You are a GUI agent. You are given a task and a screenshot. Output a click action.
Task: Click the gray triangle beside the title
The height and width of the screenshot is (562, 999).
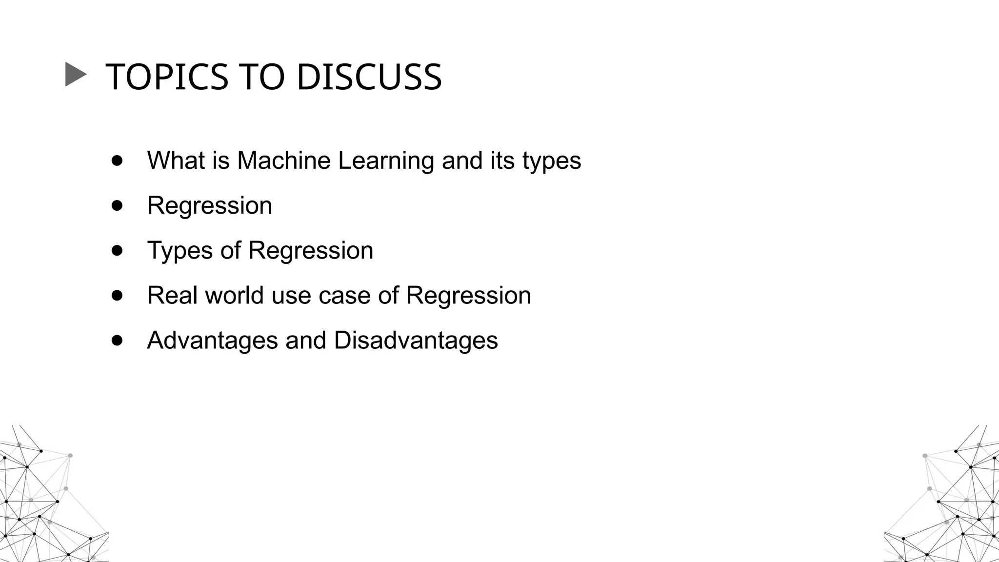(x=75, y=75)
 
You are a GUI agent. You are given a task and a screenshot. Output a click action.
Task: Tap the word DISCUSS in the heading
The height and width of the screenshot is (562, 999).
(x=369, y=77)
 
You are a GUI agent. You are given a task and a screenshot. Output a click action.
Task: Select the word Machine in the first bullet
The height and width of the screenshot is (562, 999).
(x=283, y=161)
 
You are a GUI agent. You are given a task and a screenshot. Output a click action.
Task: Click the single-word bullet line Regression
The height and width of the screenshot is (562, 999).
(x=210, y=206)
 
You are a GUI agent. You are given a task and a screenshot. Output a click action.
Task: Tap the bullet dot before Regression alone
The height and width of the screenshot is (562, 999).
(x=117, y=205)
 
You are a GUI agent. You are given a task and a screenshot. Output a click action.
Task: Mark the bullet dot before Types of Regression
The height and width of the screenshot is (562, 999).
(x=117, y=250)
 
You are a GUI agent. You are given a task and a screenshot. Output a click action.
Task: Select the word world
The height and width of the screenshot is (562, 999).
(x=234, y=296)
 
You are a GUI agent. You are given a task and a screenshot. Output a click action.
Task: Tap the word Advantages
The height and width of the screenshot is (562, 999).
(x=212, y=341)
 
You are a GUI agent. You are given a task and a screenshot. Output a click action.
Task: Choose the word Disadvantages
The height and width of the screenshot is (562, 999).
(x=416, y=341)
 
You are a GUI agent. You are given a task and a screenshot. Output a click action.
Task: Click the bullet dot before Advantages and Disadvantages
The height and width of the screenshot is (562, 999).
(x=117, y=340)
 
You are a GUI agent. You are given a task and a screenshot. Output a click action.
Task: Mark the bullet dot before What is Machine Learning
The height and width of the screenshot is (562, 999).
(x=117, y=161)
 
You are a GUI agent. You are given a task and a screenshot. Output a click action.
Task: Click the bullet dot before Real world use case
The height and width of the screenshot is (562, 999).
(x=117, y=295)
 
